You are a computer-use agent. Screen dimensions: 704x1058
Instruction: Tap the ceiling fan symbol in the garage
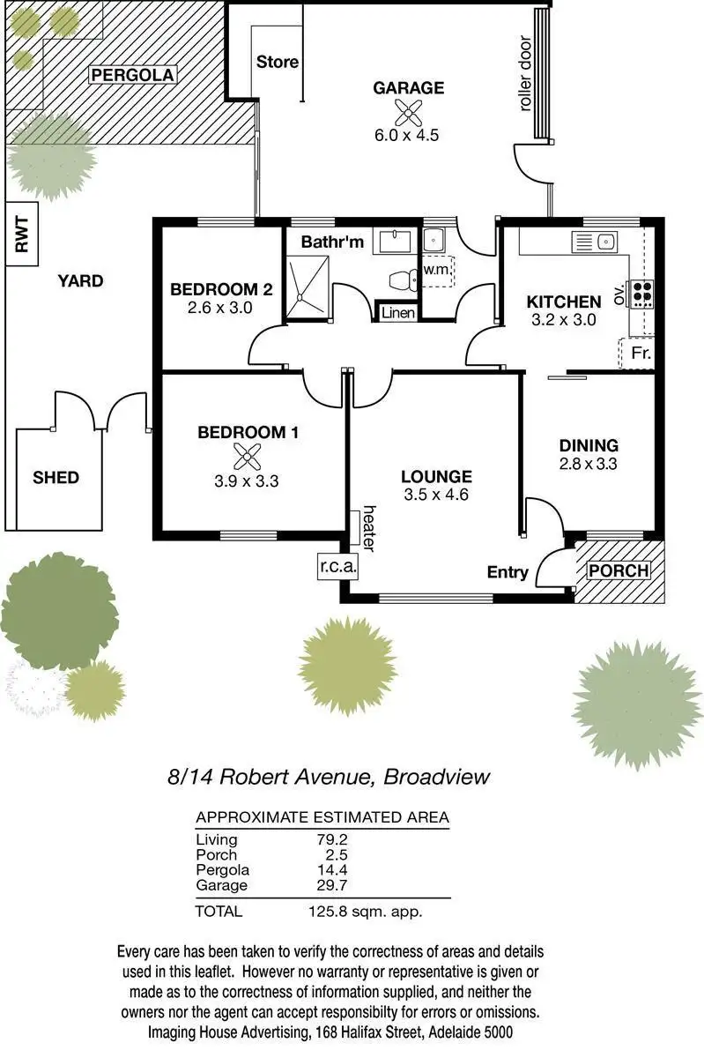coord(406,112)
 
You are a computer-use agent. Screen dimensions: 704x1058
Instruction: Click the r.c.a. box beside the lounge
coord(337,565)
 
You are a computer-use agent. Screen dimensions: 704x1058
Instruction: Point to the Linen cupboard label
coord(397,313)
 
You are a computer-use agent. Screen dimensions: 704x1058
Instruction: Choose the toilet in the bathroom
coord(403,280)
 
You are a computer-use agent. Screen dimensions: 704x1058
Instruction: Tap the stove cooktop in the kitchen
coord(642,292)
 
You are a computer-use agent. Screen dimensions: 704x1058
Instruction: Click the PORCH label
coord(619,570)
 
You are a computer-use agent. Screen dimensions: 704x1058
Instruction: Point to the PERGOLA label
coord(132,74)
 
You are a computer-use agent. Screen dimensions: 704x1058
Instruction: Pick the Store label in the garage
coord(277,62)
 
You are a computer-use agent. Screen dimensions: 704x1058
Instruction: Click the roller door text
coord(526,85)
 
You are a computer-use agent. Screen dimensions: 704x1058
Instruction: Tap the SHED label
coord(56,478)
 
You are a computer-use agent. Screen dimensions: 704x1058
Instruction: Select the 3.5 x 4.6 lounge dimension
coord(435,495)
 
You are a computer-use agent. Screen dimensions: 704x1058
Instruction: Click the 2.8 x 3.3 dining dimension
coord(588,463)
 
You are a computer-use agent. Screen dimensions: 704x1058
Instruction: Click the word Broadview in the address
coord(438,777)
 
